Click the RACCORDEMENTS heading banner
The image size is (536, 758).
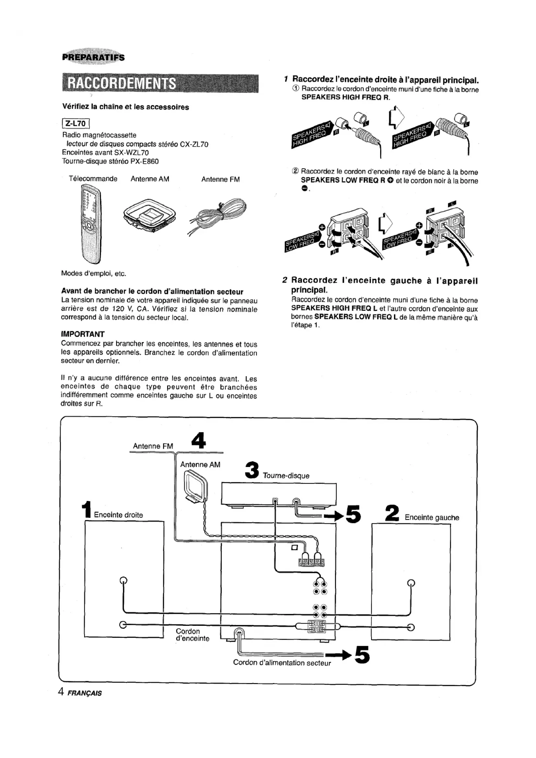point(160,84)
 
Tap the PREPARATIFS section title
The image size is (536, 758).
point(93,57)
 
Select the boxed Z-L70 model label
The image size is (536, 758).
point(76,123)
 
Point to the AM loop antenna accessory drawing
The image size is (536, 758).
point(150,216)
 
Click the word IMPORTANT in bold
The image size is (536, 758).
point(83,334)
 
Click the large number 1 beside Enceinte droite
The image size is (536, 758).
point(87,509)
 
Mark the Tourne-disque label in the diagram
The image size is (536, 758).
point(286,476)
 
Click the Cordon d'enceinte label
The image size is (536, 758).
point(192,635)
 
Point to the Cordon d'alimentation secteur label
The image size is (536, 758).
point(282,663)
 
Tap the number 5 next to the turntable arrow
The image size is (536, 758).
point(353,514)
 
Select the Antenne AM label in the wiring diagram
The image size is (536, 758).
point(200,464)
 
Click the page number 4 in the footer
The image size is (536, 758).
point(61,692)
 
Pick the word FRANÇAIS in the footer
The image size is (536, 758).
point(85,693)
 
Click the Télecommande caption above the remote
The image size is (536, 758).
point(93,179)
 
